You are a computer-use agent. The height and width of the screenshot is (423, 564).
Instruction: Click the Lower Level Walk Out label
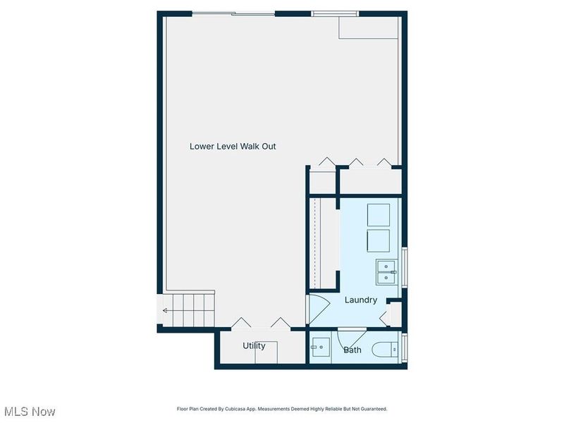point(233,147)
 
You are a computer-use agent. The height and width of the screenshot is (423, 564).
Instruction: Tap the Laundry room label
point(361,300)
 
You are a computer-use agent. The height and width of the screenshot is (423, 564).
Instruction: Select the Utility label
point(254,345)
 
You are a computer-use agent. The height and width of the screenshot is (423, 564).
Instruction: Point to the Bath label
point(352,350)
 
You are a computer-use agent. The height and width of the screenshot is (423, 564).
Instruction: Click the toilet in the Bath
point(385,349)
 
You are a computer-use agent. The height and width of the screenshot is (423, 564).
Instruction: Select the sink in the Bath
point(321,347)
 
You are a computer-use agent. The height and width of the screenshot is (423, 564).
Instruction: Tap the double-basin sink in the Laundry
point(386,272)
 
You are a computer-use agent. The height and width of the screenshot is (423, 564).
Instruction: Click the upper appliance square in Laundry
point(379,215)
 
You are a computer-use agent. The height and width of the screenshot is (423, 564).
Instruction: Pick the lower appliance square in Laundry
point(379,241)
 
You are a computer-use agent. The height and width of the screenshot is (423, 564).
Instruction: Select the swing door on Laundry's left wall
point(318,309)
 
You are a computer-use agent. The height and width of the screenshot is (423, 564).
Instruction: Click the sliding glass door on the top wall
point(233,14)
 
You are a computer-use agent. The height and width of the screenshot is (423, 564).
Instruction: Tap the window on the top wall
point(335,14)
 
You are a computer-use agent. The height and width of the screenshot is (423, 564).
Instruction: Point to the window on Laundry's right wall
point(405,267)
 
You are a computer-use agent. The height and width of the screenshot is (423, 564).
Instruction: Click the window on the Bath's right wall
point(405,348)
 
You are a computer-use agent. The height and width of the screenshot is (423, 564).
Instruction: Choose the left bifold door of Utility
point(241,323)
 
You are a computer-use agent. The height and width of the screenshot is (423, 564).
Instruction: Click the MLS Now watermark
point(30,412)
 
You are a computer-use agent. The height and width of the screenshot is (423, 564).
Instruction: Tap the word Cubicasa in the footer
point(234,409)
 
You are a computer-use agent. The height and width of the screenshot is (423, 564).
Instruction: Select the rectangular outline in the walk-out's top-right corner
point(368,27)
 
